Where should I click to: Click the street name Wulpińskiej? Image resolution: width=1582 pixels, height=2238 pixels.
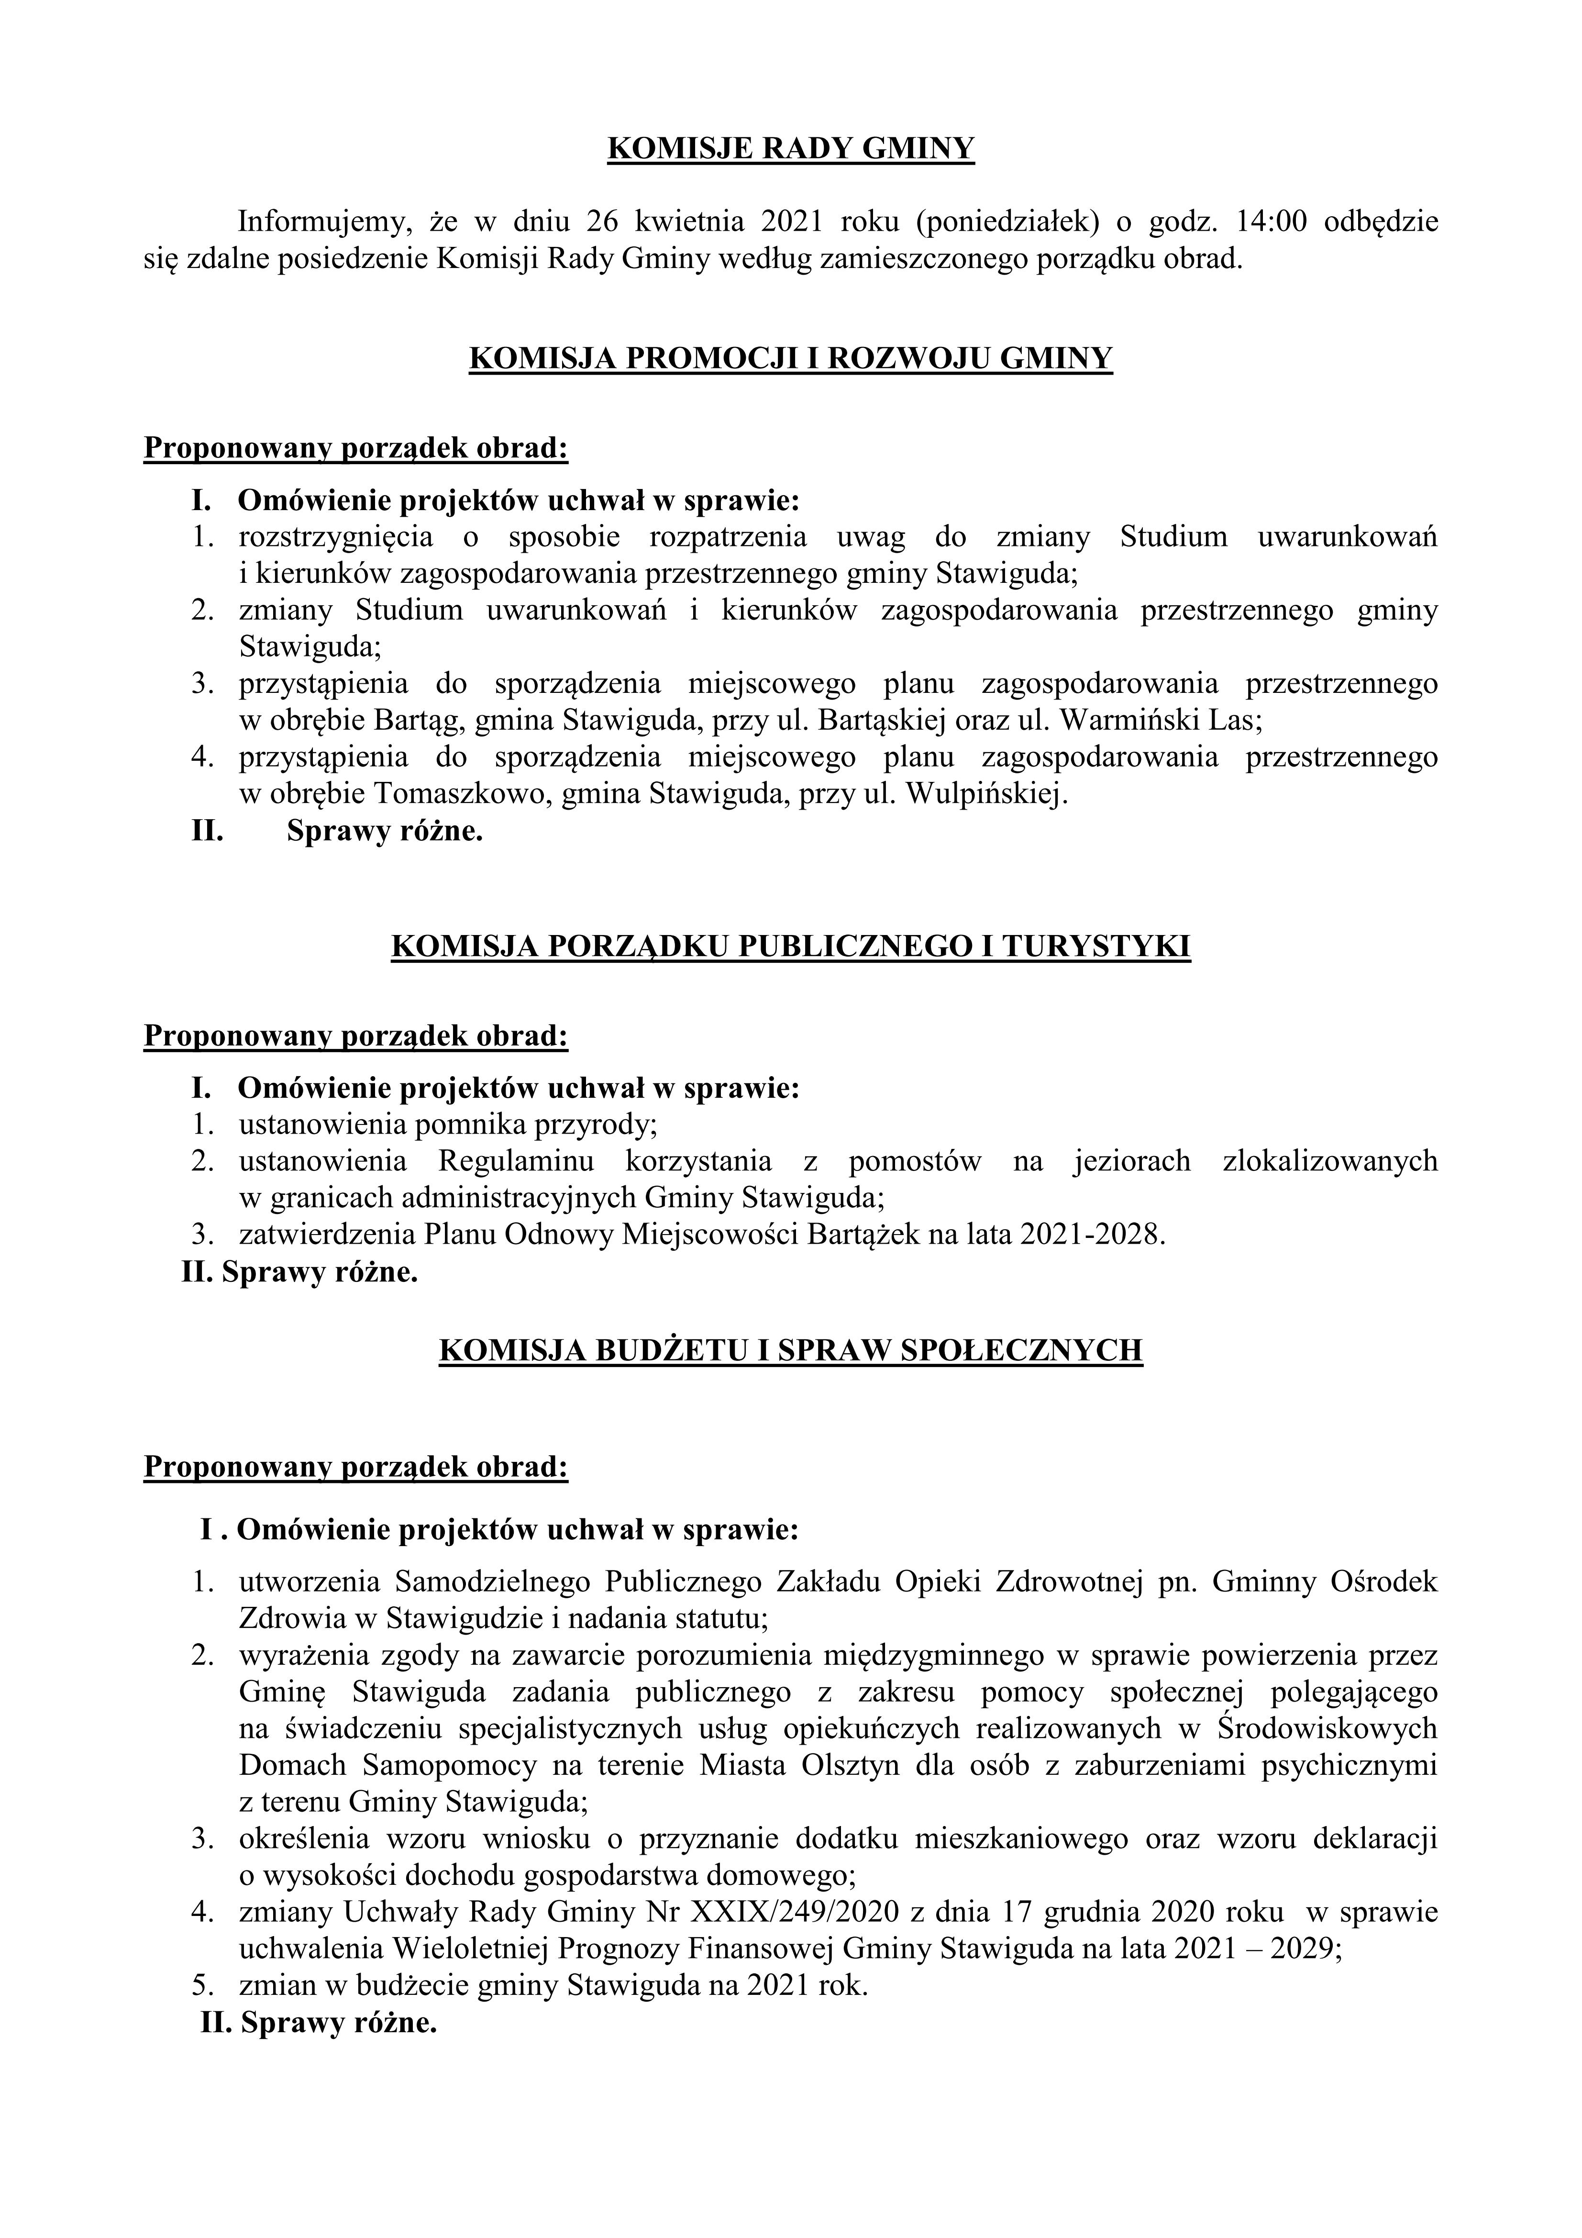(x=983, y=794)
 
